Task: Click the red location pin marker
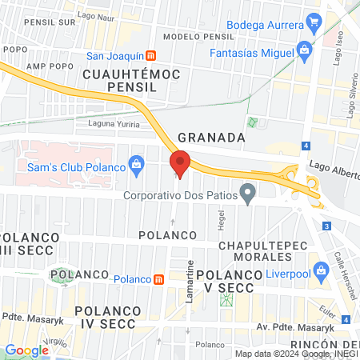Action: [180, 163]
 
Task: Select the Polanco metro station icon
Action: [160, 279]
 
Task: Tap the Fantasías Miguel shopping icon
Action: [303, 50]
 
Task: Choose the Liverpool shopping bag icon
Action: [322, 269]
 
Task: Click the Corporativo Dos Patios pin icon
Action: [249, 193]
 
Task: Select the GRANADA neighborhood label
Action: [211, 137]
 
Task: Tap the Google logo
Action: [26, 350]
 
